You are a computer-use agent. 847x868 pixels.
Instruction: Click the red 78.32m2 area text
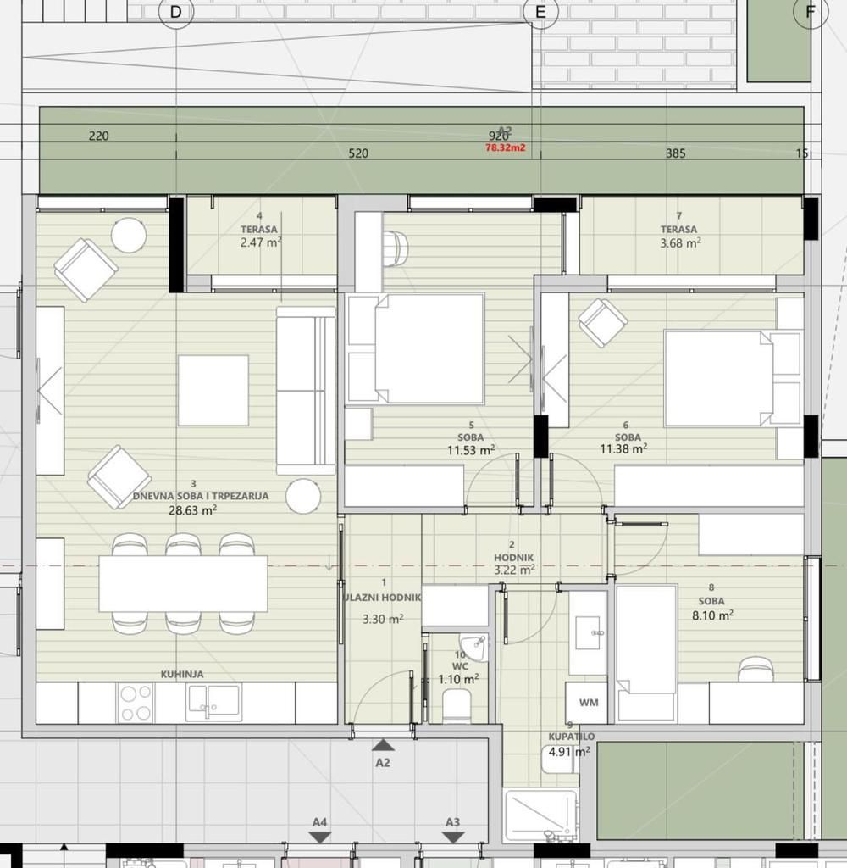pos(505,147)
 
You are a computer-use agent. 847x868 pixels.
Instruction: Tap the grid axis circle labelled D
pos(175,12)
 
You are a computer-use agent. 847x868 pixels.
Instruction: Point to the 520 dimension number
pos(358,154)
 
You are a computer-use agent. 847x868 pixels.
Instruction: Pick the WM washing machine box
pos(588,703)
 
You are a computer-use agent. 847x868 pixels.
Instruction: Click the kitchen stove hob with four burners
pos(136,703)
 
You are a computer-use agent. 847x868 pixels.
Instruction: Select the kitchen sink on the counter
pos(213,702)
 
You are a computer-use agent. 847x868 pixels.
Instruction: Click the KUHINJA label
pos(181,675)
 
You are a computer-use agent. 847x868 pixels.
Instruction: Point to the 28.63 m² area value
pos(192,510)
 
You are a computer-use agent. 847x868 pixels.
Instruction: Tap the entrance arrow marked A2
pos(383,746)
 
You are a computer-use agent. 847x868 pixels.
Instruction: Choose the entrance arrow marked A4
pos(319,837)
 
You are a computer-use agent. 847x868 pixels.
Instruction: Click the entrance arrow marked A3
pos(453,837)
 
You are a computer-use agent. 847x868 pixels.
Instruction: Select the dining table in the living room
pos(183,583)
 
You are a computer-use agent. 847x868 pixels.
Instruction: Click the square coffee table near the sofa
pos(213,390)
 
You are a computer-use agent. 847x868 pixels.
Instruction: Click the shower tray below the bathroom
pos(540,815)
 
